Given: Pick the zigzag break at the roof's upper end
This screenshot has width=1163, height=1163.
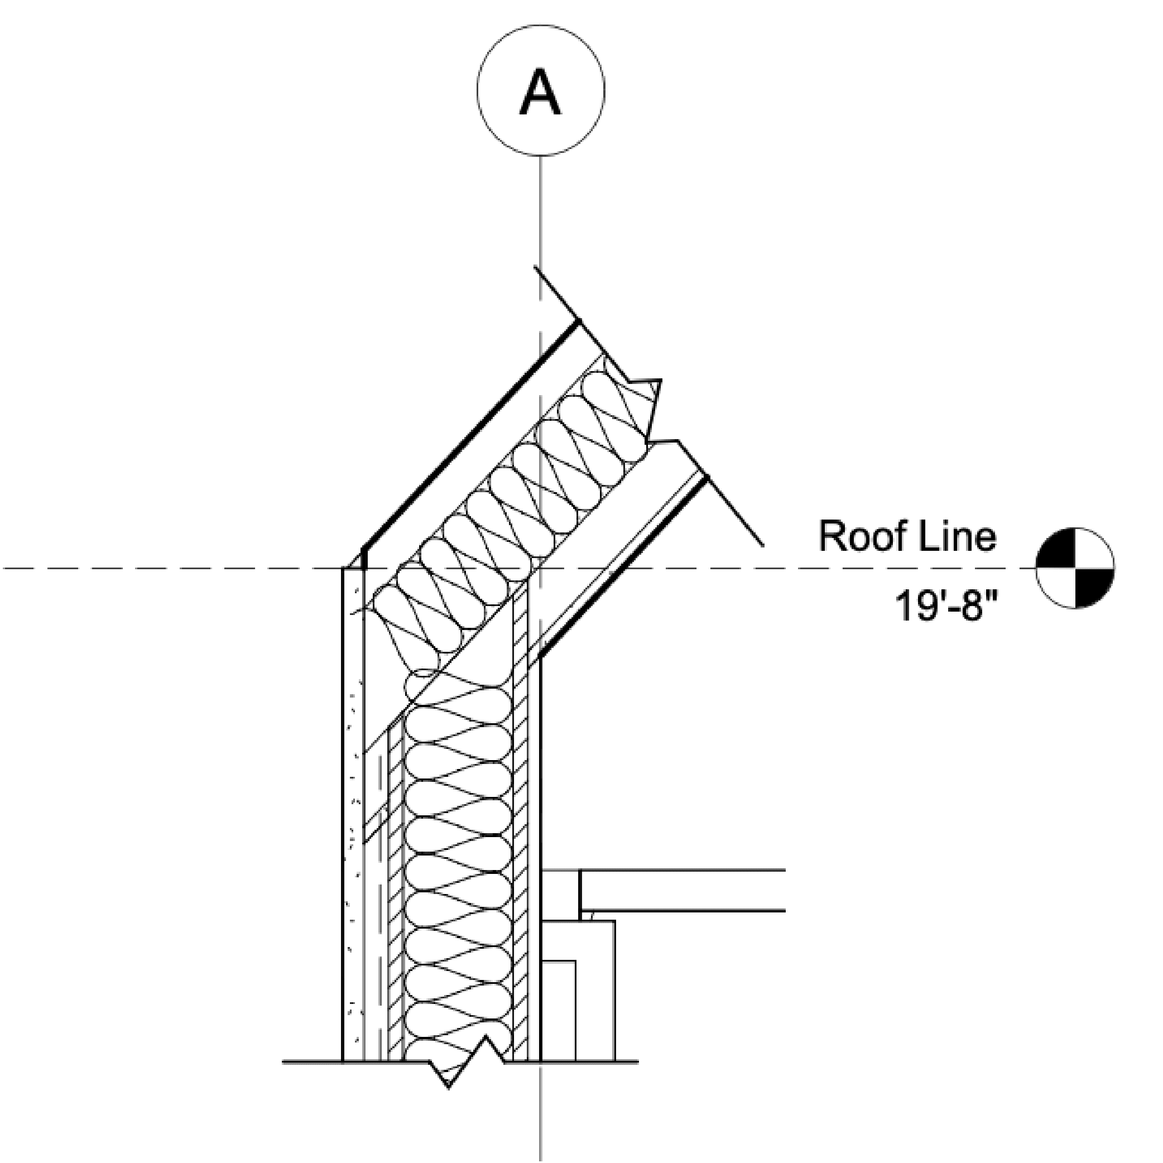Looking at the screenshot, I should (653, 409).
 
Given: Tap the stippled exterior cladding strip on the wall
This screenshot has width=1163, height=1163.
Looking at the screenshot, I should (353, 873).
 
